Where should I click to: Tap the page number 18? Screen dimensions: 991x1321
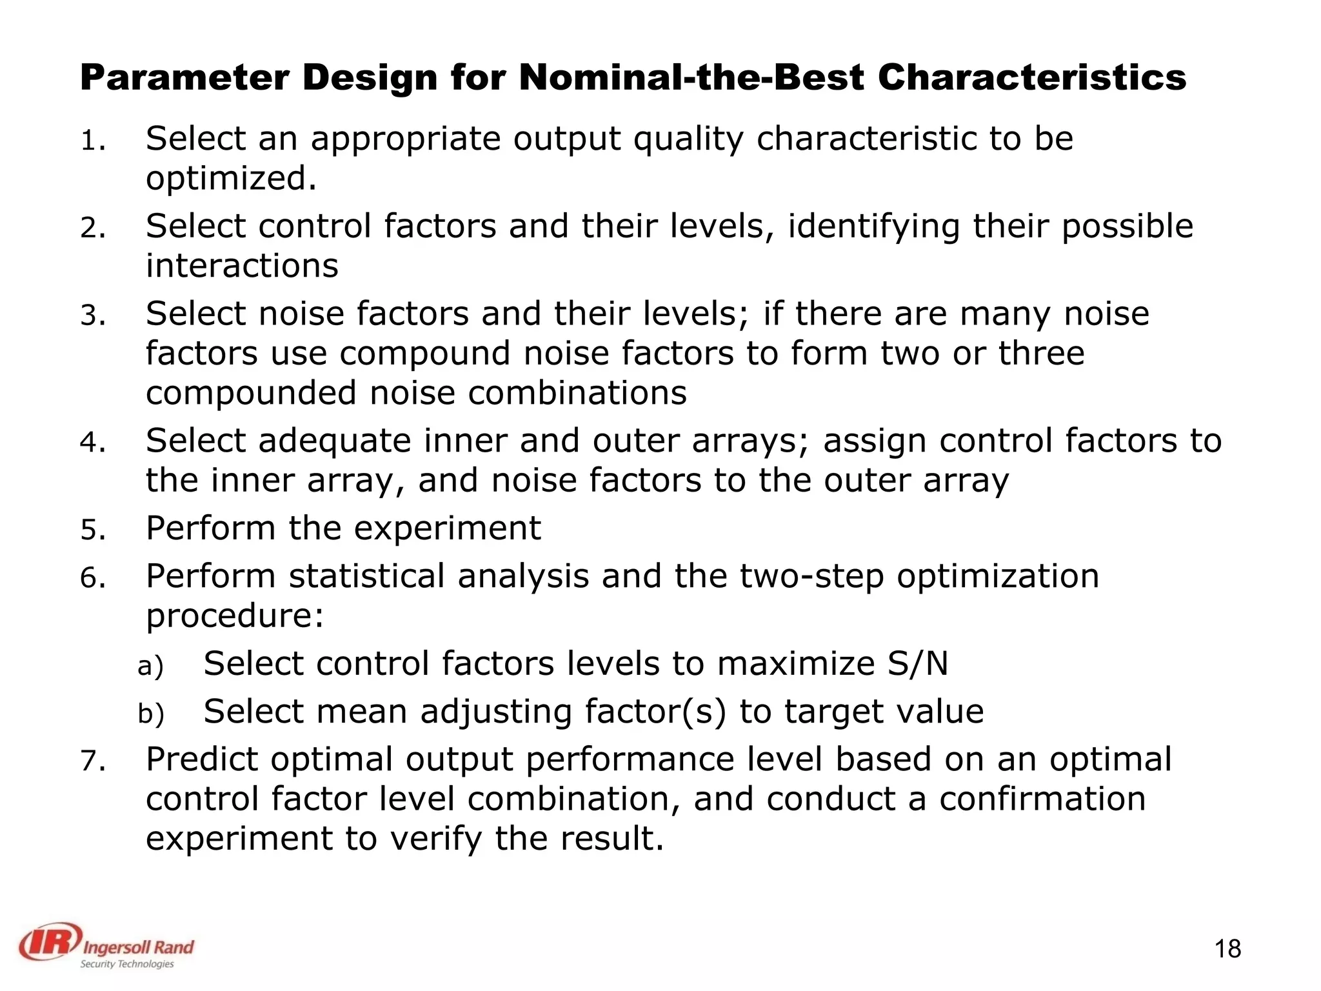[1227, 950]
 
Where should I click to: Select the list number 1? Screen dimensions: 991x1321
[92, 141]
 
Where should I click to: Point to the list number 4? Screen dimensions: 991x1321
[92, 443]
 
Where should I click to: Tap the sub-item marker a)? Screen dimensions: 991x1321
[151, 666]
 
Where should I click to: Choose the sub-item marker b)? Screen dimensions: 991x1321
[151, 714]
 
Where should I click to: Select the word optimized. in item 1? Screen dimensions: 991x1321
[232, 179]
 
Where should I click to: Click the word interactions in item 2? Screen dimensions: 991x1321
[242, 266]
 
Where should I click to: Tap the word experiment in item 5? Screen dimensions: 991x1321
[447, 528]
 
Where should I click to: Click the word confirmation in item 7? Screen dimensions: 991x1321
[1042, 799]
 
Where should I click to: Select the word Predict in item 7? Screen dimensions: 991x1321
[202, 759]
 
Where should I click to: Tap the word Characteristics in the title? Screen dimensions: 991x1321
[1031, 78]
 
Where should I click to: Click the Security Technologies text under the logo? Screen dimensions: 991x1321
[127, 964]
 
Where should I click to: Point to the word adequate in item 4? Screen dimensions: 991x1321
[335, 442]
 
